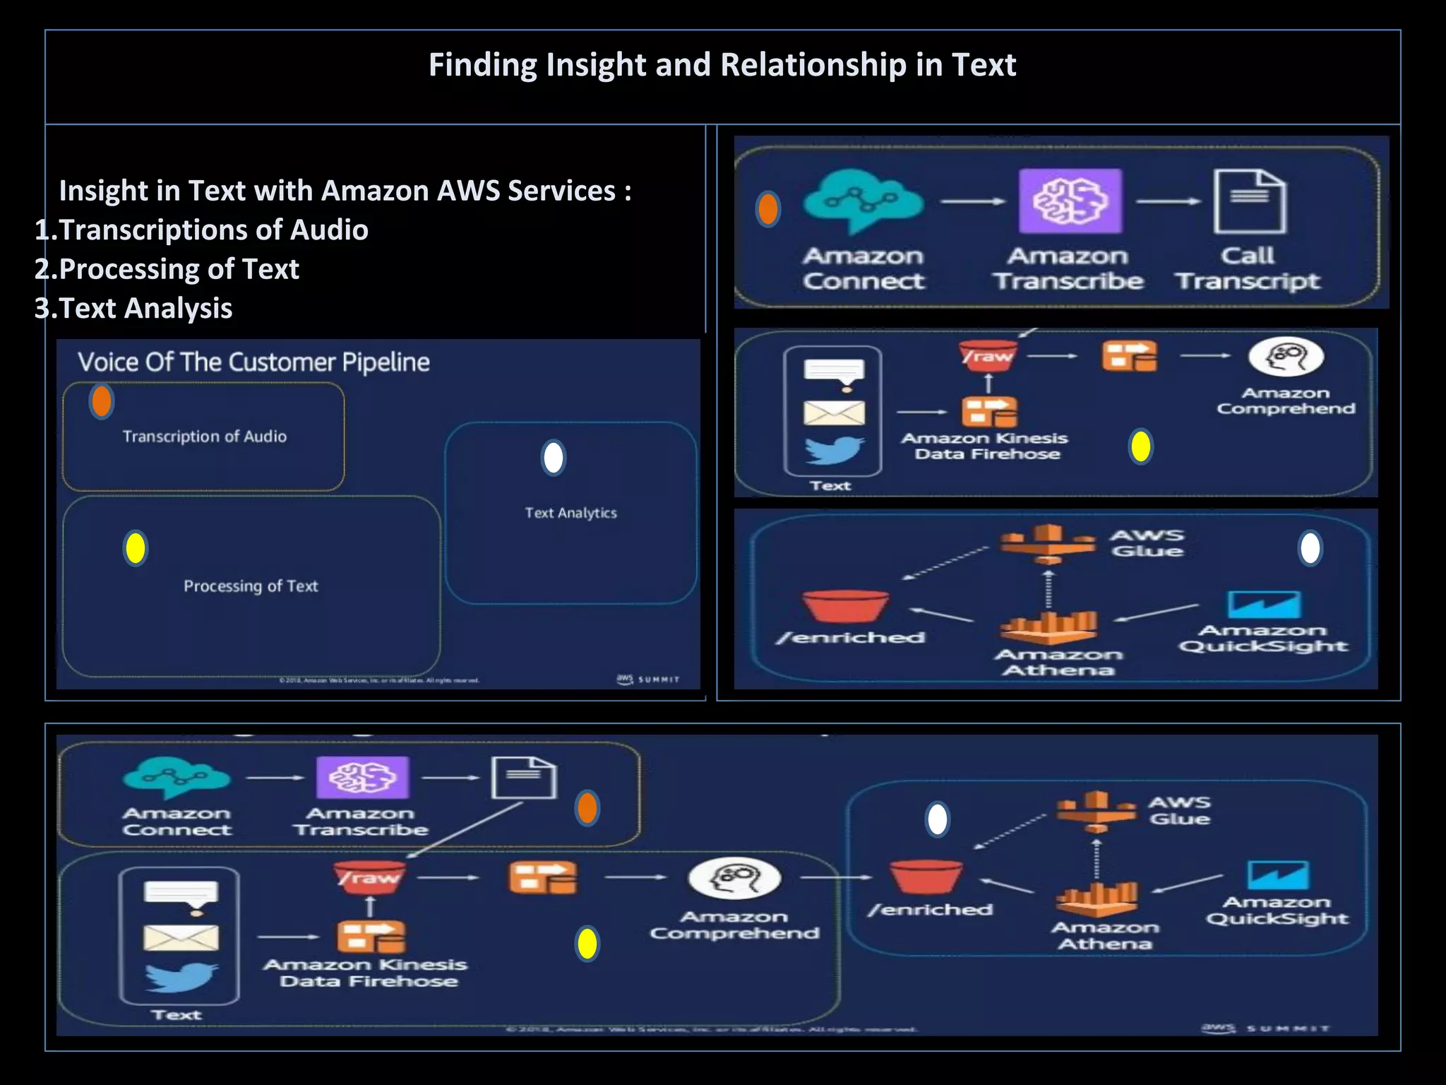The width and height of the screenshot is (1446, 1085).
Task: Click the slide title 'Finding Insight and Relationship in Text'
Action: [722, 65]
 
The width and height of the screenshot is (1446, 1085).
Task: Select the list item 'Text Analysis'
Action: [145, 309]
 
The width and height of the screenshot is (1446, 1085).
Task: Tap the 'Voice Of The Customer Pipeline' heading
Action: [253, 362]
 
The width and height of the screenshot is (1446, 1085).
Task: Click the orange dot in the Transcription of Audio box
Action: [102, 401]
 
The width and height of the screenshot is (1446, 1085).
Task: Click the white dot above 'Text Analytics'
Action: [554, 458]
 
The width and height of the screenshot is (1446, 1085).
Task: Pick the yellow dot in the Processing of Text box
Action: [135, 548]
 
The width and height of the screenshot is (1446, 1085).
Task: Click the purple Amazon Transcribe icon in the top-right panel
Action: [1070, 201]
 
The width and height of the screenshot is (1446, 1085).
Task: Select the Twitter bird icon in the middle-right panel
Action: [834, 450]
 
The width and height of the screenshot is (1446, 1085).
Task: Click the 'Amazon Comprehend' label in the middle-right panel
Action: [1286, 401]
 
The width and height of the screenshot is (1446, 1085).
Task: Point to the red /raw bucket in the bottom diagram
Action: [369, 877]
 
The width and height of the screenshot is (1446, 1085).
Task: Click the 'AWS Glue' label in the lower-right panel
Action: [1147, 543]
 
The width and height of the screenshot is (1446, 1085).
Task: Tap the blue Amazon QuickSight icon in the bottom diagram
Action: [1278, 875]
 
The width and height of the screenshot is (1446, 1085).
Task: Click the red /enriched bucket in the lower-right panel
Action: [845, 607]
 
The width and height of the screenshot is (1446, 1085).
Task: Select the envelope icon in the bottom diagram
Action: [181, 938]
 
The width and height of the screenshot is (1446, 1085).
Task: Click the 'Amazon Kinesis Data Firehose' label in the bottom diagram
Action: [366, 973]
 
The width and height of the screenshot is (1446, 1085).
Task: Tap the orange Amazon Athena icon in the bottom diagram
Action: [1097, 901]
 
